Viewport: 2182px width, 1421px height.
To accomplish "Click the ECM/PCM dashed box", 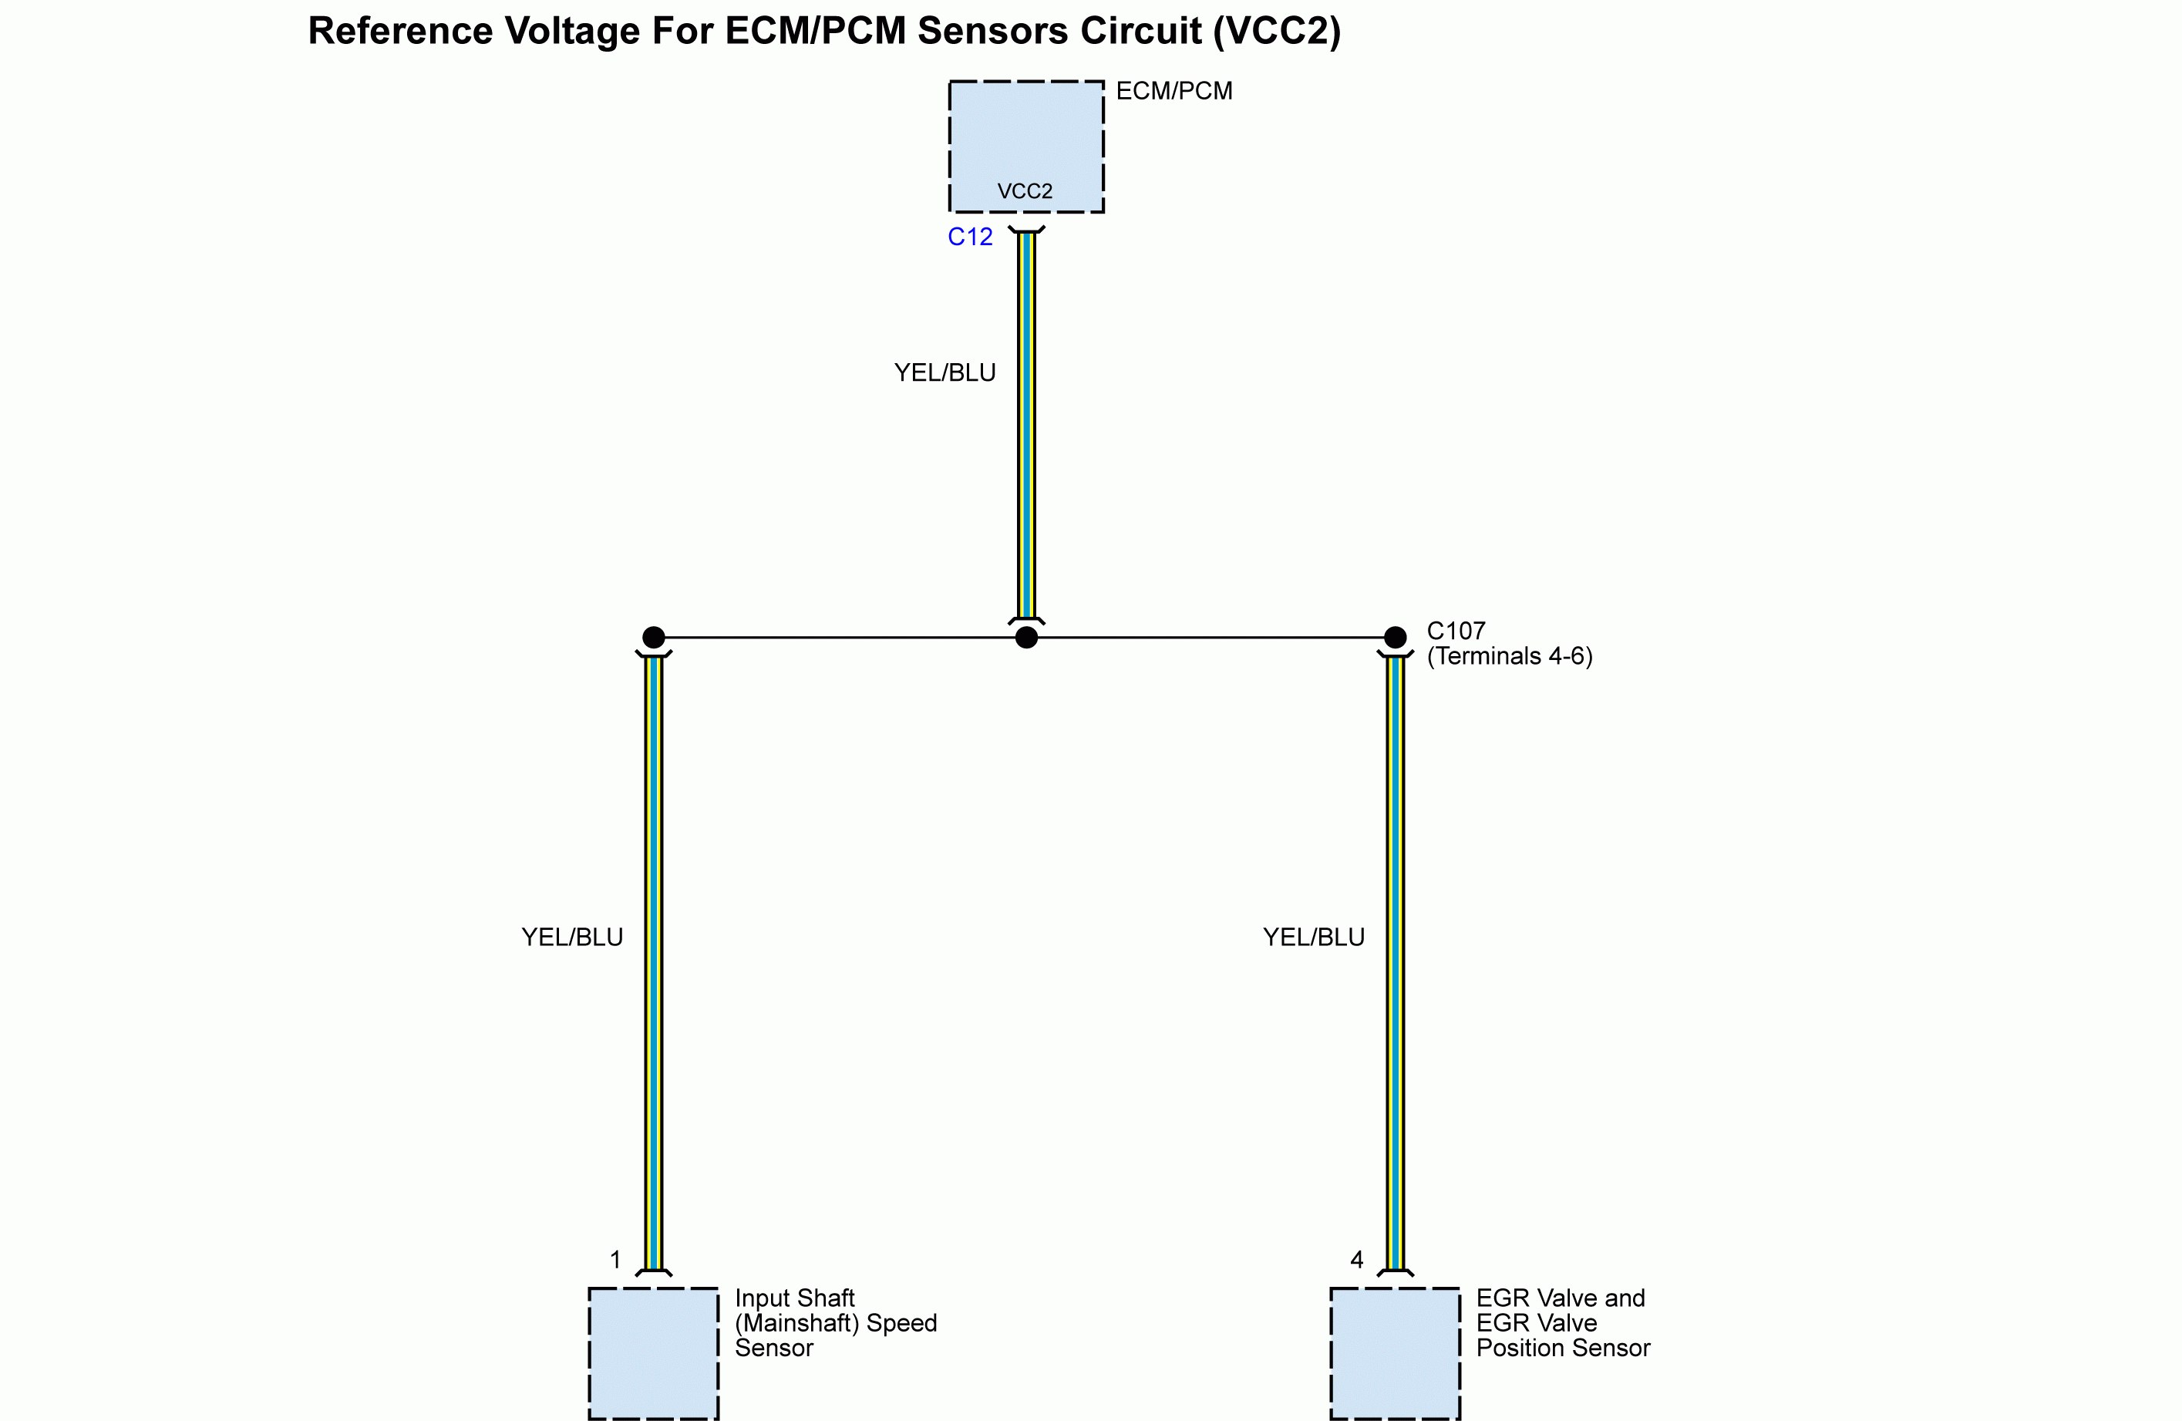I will (1026, 137).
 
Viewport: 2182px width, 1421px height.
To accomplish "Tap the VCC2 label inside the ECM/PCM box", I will (1025, 192).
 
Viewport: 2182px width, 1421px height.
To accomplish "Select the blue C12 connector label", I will (970, 237).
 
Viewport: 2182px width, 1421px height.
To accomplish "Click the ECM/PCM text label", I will (1173, 92).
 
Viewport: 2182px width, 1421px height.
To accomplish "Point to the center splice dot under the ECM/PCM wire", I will (1027, 637).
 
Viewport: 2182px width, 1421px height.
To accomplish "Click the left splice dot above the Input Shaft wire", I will (654, 637).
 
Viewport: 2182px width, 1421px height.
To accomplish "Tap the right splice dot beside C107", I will (1395, 637).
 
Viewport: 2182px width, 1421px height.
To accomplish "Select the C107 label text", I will (1456, 631).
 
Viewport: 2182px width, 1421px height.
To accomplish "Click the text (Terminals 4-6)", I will (1510, 656).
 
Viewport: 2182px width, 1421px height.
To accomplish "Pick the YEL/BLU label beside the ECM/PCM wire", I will (945, 373).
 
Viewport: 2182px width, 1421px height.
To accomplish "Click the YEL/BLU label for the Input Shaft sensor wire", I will (572, 937).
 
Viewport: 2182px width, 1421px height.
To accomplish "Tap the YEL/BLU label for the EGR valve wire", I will (1314, 937).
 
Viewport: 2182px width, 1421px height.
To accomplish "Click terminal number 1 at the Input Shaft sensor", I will (616, 1261).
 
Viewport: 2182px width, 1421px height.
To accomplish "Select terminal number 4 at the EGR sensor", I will (1357, 1261).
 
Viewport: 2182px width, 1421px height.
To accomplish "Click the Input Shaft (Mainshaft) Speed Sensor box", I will (654, 1353).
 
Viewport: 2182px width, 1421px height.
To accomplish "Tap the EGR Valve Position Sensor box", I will (1395, 1353).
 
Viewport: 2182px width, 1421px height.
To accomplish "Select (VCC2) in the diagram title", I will (1276, 31).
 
